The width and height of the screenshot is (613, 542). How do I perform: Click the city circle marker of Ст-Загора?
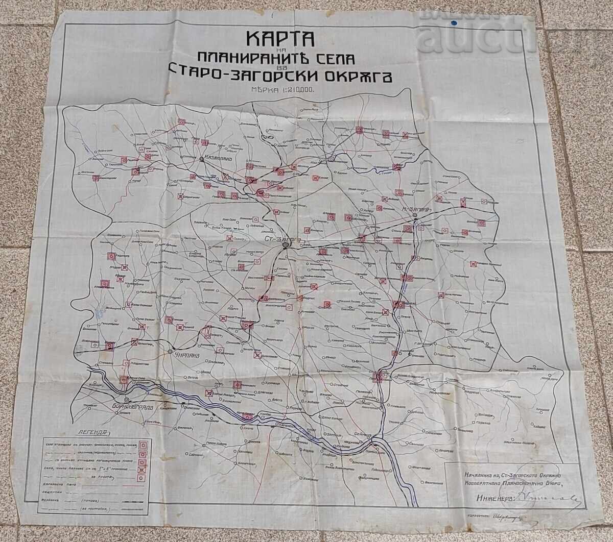tap(286, 246)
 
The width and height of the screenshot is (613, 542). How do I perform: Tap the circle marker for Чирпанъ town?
tap(170, 352)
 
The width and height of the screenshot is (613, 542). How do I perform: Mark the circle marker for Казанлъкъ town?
tap(202, 159)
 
